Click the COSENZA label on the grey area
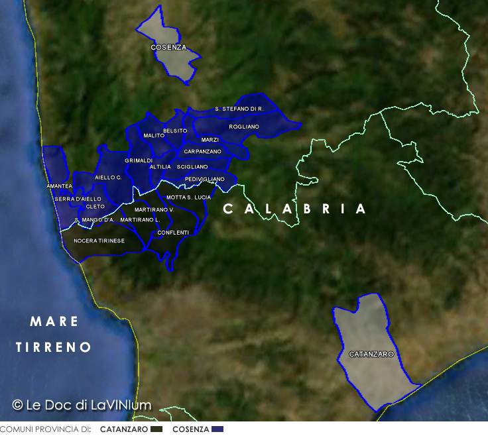pyautogui.click(x=168, y=48)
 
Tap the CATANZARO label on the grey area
pyautogui.click(x=371, y=355)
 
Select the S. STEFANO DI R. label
pyautogui.click(x=239, y=109)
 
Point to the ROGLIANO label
pyautogui.click(x=244, y=127)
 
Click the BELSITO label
pyautogui.click(x=175, y=131)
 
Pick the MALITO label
pyautogui.click(x=154, y=136)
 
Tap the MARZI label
pyautogui.click(x=210, y=140)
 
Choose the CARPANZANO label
pyautogui.click(x=202, y=152)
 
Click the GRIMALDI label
pyautogui.click(x=139, y=161)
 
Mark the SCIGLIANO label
pyautogui.click(x=192, y=167)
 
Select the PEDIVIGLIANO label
pyautogui.click(x=204, y=180)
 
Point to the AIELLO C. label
pyautogui.click(x=108, y=178)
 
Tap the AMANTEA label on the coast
pyautogui.click(x=59, y=186)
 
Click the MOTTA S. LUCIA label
pyautogui.click(x=188, y=197)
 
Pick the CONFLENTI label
pyautogui.click(x=173, y=233)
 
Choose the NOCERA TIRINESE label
pyautogui.click(x=99, y=241)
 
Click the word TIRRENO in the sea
pyautogui.click(x=53, y=347)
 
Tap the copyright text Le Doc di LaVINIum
pyautogui.click(x=82, y=405)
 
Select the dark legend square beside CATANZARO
pyautogui.click(x=156, y=429)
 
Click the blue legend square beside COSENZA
pyautogui.click(x=217, y=429)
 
